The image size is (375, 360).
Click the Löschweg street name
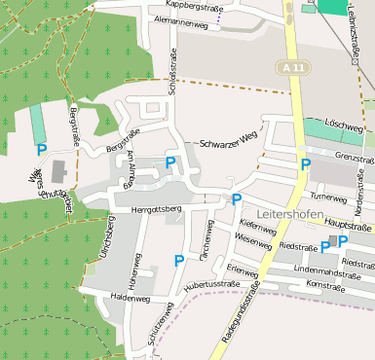pyautogui.click(x=344, y=127)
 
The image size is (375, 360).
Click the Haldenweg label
pyautogui.click(x=129, y=298)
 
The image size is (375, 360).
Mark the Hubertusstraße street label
pyautogui.click(x=210, y=283)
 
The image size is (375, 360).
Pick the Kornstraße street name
pyautogui.click(x=326, y=284)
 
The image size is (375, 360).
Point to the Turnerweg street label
pyautogui.click(x=327, y=197)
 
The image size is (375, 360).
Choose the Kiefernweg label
pyautogui.click(x=256, y=224)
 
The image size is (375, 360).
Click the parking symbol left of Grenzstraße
pyautogui.click(x=306, y=164)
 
